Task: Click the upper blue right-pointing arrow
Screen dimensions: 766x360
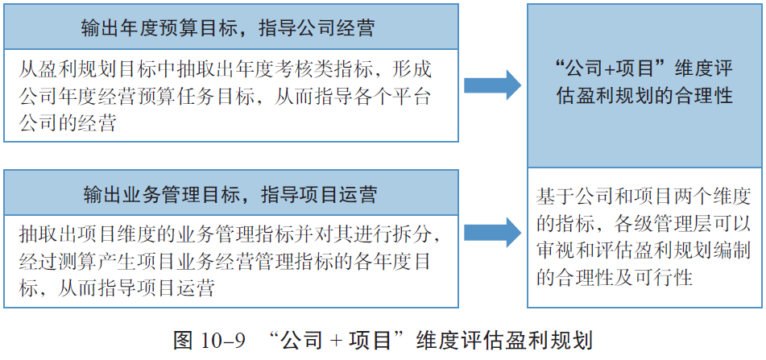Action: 492,85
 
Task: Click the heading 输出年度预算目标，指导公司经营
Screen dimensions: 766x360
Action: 228,28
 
